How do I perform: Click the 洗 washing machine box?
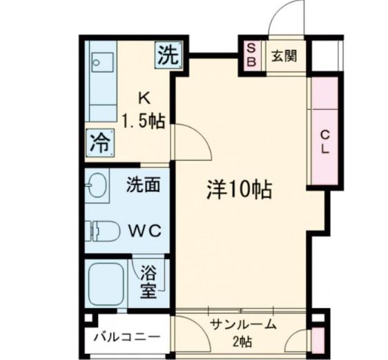[170, 55]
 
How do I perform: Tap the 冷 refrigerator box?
[101, 144]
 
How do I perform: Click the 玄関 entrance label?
[284, 55]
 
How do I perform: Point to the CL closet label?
[324, 142]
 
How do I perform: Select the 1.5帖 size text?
[144, 122]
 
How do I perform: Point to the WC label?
[144, 230]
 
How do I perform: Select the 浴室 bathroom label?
[148, 281]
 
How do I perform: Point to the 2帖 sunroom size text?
[242, 341]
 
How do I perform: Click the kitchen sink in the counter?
[102, 61]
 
